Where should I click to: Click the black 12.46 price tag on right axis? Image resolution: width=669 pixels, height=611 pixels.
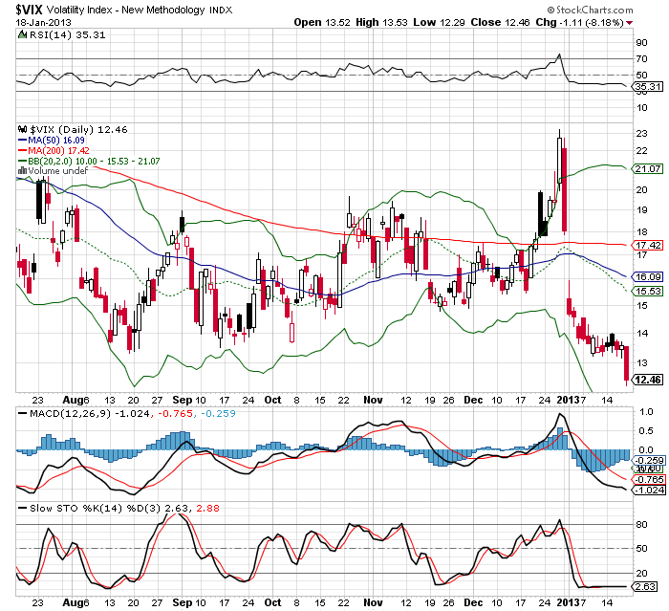point(649,380)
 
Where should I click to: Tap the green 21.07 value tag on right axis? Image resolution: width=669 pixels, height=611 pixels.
point(649,169)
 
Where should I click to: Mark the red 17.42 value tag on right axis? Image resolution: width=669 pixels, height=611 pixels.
point(649,245)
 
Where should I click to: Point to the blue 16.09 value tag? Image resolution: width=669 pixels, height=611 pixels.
point(649,276)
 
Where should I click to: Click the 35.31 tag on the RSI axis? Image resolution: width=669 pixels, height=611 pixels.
point(649,87)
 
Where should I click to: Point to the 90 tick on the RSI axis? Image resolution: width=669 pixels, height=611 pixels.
point(641,43)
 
